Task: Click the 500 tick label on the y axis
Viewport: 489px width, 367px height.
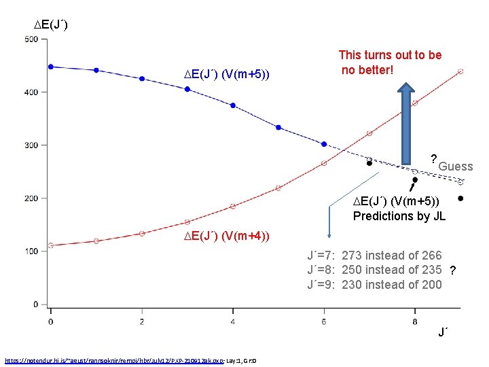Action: click(31, 39)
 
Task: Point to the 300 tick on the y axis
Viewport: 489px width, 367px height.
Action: click(31, 145)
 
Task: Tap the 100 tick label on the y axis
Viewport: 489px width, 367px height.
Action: click(31, 251)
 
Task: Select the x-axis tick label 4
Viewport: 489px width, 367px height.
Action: click(233, 321)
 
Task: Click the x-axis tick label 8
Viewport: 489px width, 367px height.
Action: click(415, 321)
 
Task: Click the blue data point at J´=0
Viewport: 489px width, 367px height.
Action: click(51, 67)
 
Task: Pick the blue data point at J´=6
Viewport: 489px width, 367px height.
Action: click(324, 144)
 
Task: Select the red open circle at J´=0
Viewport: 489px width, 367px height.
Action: click(51, 245)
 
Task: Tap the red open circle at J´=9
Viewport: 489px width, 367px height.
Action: click(460, 71)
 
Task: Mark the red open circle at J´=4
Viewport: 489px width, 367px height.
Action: click(233, 206)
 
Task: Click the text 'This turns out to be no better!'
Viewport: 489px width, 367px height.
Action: click(390, 62)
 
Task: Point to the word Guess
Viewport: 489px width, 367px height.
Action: click(455, 167)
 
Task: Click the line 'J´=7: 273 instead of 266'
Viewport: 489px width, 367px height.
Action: click(374, 256)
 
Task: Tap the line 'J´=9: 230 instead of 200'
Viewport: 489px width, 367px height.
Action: click(374, 285)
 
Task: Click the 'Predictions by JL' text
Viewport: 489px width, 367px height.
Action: click(399, 216)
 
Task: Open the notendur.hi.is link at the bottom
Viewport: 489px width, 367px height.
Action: click(135, 360)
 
